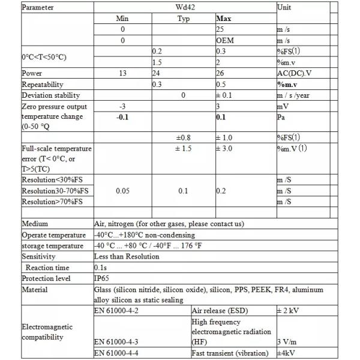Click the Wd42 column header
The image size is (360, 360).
tap(184, 8)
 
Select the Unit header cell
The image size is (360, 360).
tap(284, 8)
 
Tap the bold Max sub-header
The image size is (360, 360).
tap(223, 19)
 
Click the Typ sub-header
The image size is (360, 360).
tap(184, 19)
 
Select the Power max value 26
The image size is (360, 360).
tap(220, 74)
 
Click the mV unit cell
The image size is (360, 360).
tap(283, 106)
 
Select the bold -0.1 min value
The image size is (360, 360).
tap(122, 116)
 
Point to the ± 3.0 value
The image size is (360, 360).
tap(226, 148)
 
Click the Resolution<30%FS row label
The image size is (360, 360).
tap(54, 180)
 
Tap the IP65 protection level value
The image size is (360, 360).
tap(101, 278)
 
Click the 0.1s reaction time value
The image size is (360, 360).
tap(101, 268)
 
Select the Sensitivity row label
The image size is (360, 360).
tap(38, 256)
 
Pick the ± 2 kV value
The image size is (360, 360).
tap(287, 311)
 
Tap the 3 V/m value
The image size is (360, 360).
tap(286, 342)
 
